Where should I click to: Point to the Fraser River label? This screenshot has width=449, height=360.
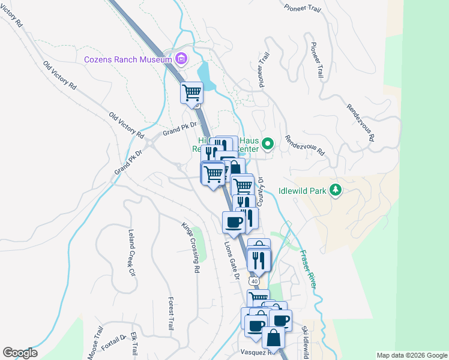pos(308,269)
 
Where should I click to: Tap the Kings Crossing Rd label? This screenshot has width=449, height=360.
pos(190,247)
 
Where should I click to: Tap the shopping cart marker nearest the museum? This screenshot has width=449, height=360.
pos(192,93)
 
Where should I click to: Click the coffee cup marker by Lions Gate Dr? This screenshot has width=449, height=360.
pos(234,223)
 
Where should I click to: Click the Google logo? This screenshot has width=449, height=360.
pos(20,353)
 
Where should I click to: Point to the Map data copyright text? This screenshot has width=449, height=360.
pos(412,355)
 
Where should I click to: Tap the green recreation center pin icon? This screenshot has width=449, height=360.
pos(268,143)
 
